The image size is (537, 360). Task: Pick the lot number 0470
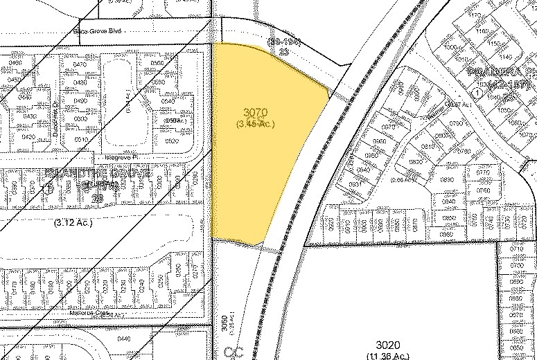(79, 64)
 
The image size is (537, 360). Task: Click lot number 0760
(483, 190)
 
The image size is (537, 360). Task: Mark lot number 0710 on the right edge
(516, 248)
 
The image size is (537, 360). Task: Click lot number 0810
(428, 147)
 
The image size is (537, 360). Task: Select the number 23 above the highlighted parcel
(283, 51)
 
